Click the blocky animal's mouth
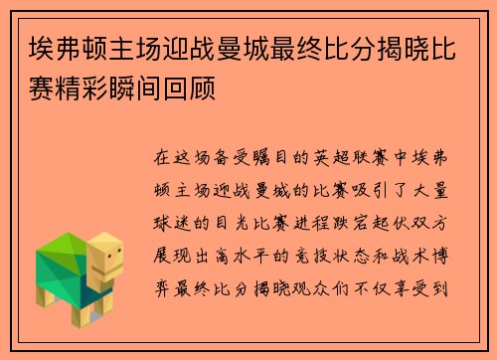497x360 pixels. (x=112, y=270)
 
